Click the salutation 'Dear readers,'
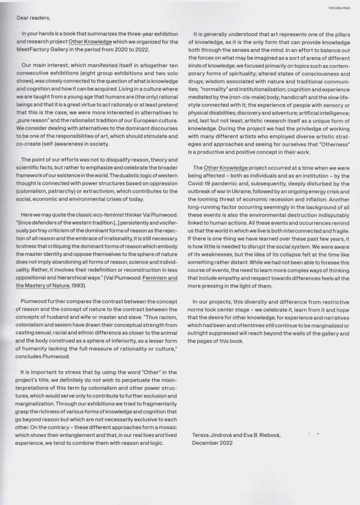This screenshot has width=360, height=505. (34, 18)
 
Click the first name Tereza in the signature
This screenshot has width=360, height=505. (203, 435)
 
